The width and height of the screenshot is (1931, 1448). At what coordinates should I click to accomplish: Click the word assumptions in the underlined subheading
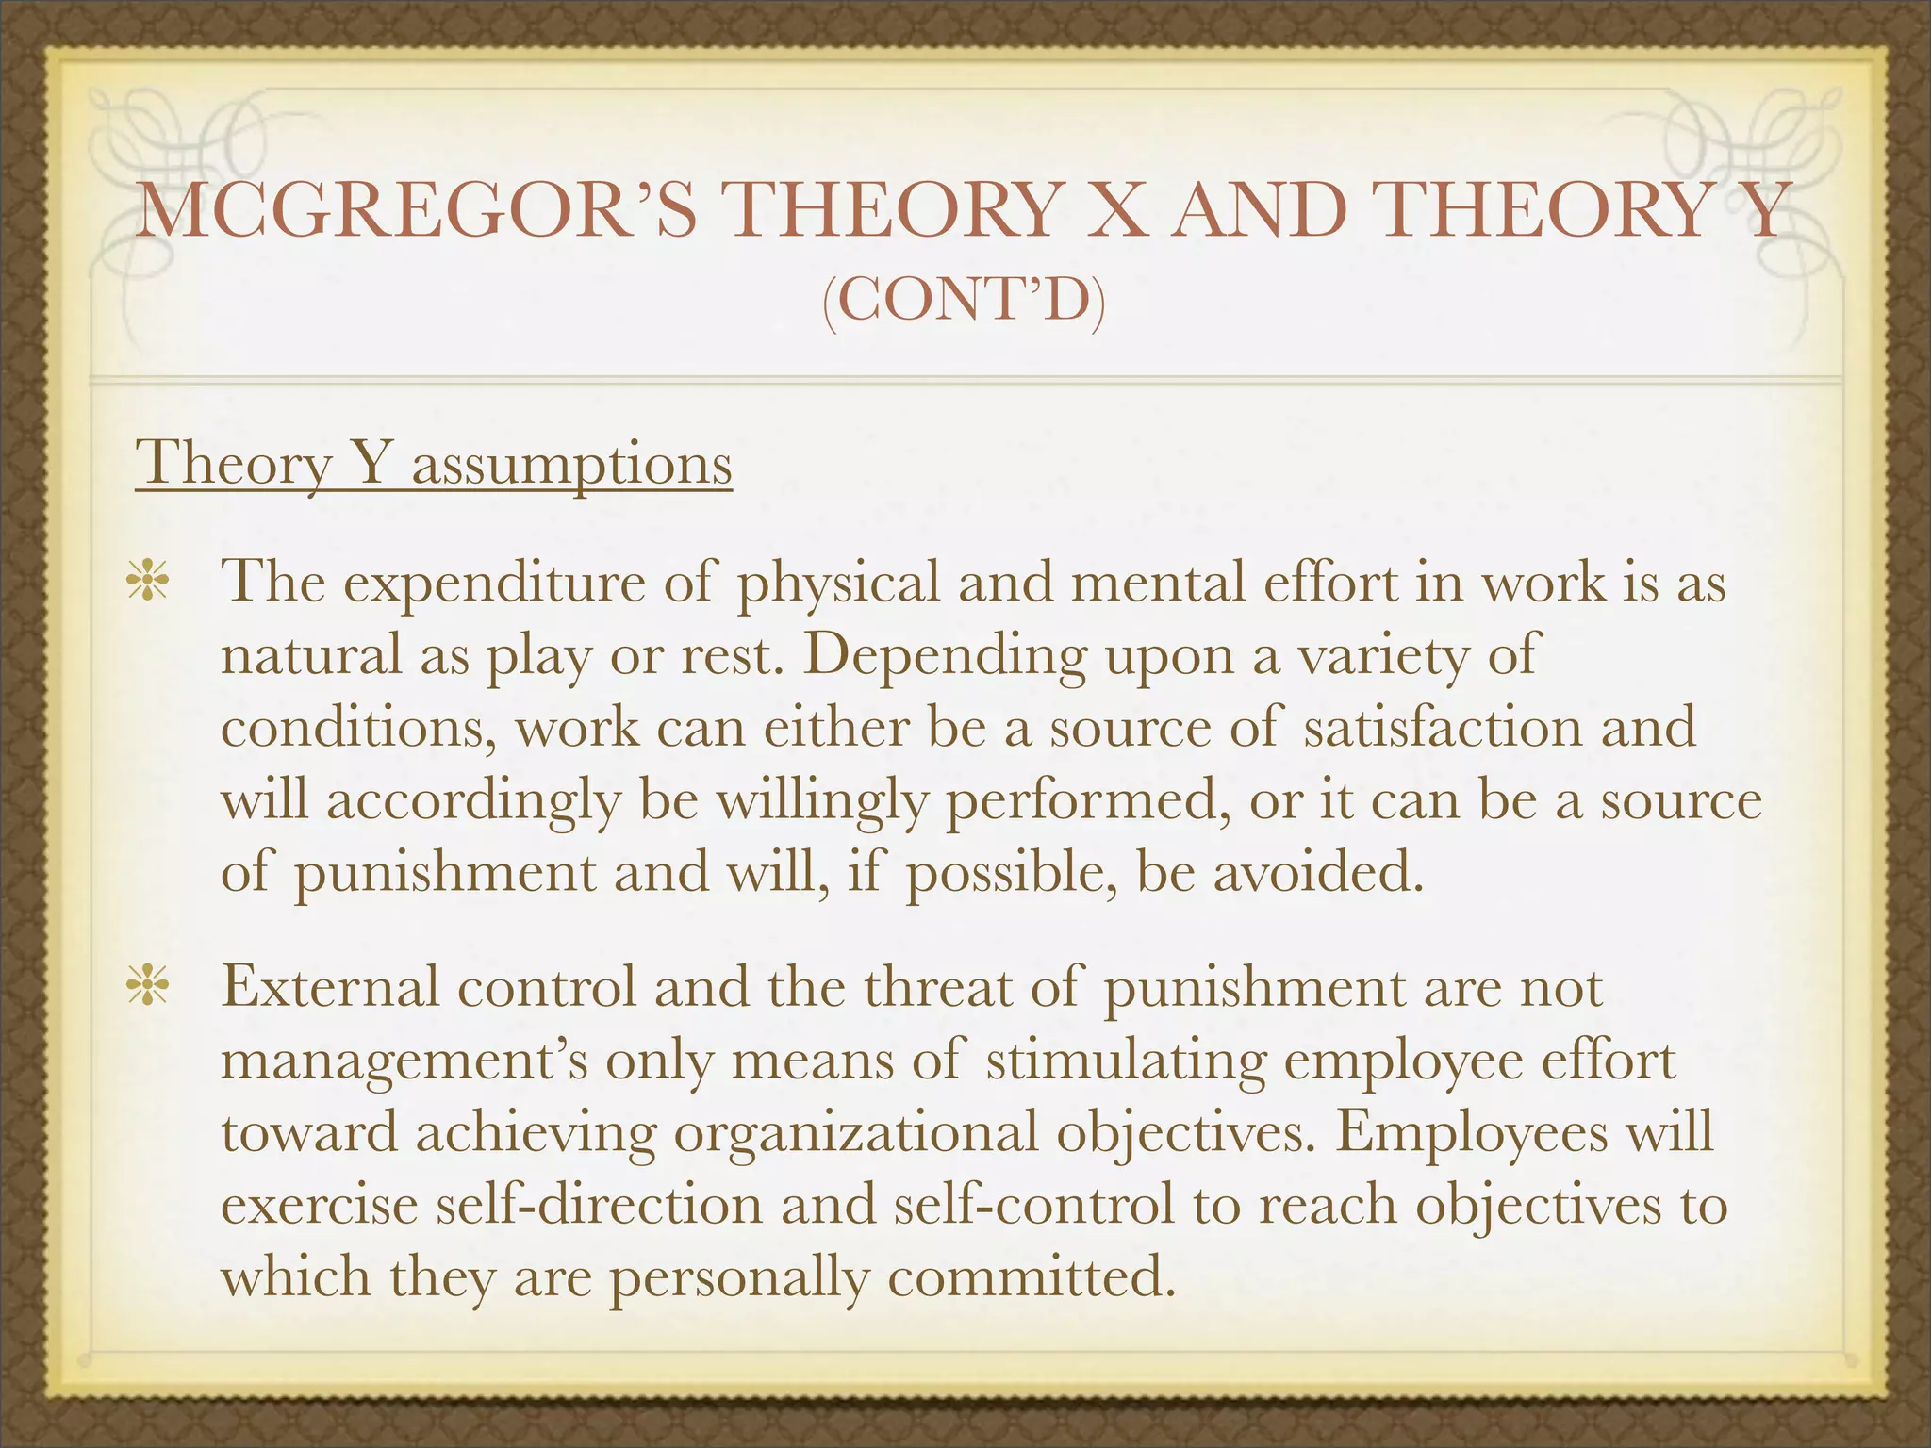[571, 464]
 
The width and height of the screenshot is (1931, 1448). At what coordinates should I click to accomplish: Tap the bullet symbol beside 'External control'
[148, 988]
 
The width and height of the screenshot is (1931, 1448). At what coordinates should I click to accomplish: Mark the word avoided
[1317, 873]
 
